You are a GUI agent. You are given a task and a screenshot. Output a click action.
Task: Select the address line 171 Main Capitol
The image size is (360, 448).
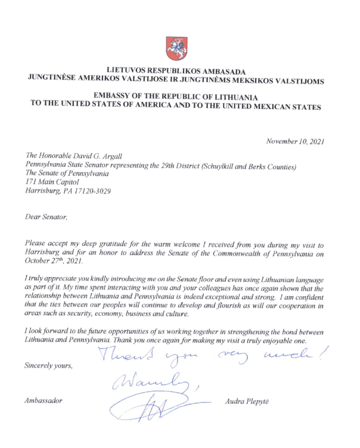click(x=52, y=182)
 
